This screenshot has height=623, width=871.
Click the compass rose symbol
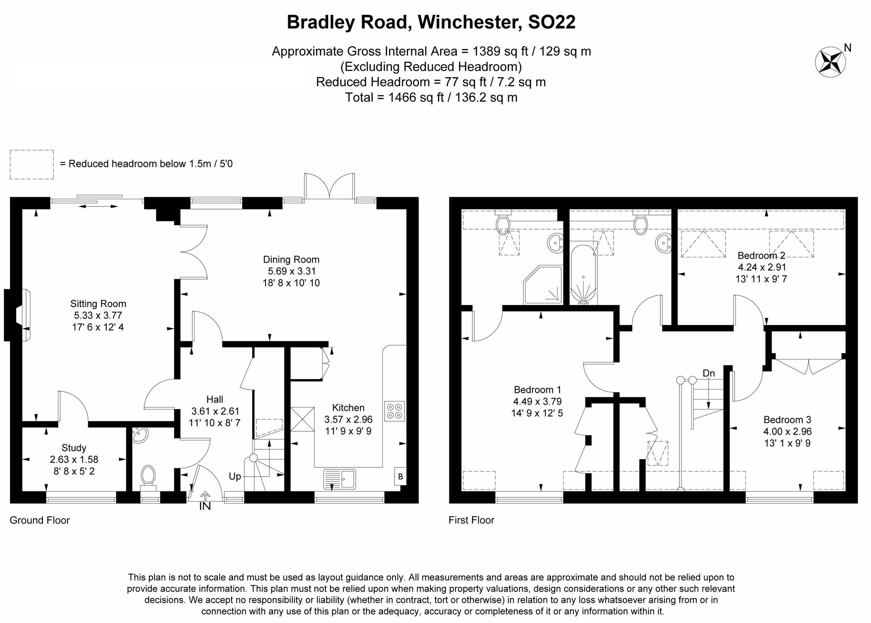(830, 62)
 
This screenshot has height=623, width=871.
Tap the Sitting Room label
(98, 304)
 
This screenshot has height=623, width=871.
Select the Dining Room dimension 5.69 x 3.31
(291, 271)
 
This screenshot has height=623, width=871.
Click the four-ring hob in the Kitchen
(395, 411)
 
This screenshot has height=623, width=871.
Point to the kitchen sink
(340, 479)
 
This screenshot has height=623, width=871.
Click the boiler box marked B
(400, 477)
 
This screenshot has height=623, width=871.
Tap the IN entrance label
(205, 506)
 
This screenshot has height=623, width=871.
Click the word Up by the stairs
(235, 476)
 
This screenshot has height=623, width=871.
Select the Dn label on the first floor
(709, 373)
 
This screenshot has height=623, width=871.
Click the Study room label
(74, 447)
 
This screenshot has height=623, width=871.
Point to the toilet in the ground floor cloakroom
(149, 476)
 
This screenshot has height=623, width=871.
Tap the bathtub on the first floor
(583, 274)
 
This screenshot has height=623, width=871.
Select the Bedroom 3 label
(787, 420)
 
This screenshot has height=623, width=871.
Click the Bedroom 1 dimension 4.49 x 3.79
(537, 401)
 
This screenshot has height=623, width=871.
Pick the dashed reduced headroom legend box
(32, 164)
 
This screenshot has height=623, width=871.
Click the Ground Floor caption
(40, 520)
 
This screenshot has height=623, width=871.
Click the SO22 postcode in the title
(551, 22)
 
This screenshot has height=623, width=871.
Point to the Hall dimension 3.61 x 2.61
(215, 411)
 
